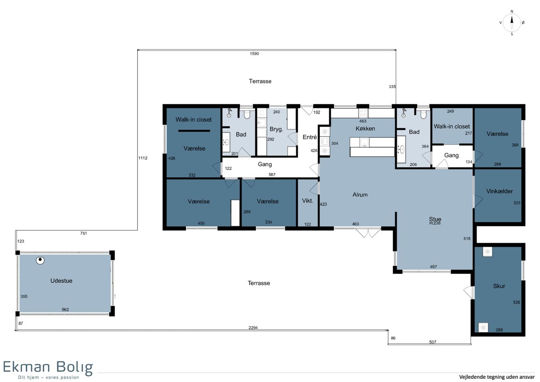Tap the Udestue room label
pos(61,281)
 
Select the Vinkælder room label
pos(499,191)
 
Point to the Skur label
pos(499,286)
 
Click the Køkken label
pos(365,129)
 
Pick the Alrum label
pos(360,195)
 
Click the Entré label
pos(310,137)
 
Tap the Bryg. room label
pos(276,129)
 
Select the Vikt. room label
pos(307,201)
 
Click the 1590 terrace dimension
pos(254,54)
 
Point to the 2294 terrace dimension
pos(253,327)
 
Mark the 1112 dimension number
pos(143,158)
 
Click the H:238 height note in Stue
pos(435,223)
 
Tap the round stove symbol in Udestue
pos(40,260)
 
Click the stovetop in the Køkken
pos(363,113)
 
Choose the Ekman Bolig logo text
pos(48,367)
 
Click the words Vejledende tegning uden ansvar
pos(497,377)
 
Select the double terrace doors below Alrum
pos(368,232)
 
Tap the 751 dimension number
pos(83,233)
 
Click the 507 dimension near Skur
pos(433,342)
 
